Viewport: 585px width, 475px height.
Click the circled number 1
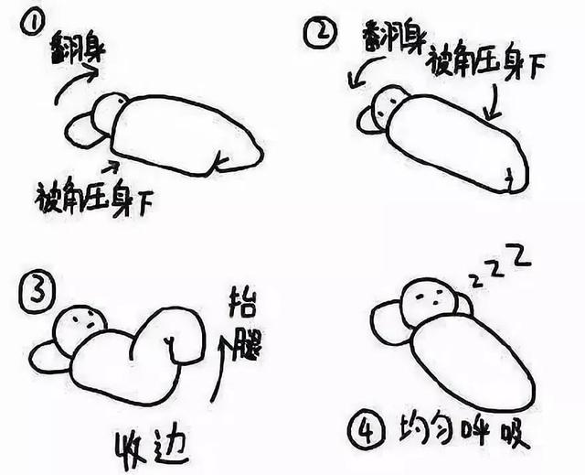pyautogui.click(x=33, y=22)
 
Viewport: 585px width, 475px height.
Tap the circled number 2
pyautogui.click(x=319, y=32)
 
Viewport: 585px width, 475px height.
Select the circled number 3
pyautogui.click(x=37, y=292)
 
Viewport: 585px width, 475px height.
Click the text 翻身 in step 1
pyautogui.click(x=78, y=49)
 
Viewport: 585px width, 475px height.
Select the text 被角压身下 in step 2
pyautogui.click(x=485, y=63)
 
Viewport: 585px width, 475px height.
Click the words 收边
pyautogui.click(x=150, y=450)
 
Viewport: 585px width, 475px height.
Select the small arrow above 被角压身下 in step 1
pyautogui.click(x=112, y=167)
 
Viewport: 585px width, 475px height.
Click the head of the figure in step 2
pyautogui.click(x=388, y=105)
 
